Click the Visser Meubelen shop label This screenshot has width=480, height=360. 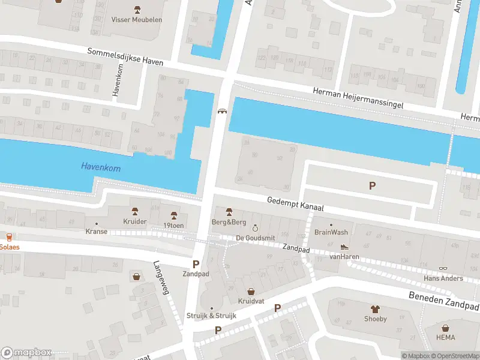click(x=137, y=19)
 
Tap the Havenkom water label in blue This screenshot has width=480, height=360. click(x=101, y=168)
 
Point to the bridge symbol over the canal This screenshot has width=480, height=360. click(x=222, y=112)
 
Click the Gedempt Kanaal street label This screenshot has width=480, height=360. click(x=296, y=204)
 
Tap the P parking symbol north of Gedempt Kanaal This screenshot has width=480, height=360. click(x=372, y=186)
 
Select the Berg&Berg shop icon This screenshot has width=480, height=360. click(x=229, y=212)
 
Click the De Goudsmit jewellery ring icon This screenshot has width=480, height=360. click(x=255, y=229)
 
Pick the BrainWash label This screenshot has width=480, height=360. click(x=331, y=232)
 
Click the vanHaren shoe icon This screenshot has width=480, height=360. click(x=344, y=246)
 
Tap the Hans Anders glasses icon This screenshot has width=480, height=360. click(x=443, y=268)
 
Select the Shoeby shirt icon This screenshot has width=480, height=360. click(x=376, y=309)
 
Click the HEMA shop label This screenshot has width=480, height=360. click(x=446, y=338)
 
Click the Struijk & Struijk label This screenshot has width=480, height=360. click(x=212, y=316)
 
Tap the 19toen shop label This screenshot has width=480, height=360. click(x=174, y=225)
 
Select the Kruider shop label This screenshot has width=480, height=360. click(x=135, y=221)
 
